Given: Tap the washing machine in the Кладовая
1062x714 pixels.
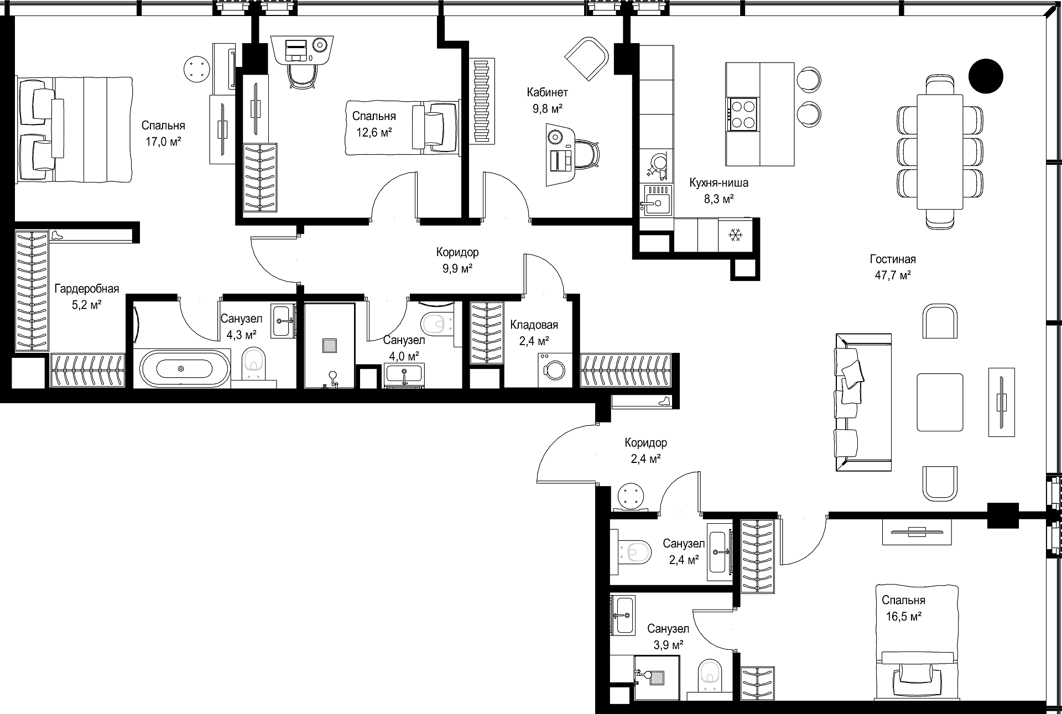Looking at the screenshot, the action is point(553,369).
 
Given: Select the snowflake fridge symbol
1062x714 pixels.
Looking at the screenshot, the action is point(735,236).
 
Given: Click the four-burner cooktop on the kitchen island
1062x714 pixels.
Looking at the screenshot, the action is point(742,114).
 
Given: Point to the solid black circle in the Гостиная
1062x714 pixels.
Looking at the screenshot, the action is point(986,76).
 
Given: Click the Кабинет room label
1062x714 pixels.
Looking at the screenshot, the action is point(547,92).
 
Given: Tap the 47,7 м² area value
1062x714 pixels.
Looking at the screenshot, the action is point(893,275).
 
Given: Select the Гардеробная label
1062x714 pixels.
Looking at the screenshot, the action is point(87,289).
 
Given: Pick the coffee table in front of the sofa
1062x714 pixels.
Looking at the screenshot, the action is point(940,402).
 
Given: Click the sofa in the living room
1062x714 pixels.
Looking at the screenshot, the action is point(862,402).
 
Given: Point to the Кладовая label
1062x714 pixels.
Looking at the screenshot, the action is point(534,325).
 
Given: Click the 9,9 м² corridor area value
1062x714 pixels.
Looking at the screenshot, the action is point(457,269).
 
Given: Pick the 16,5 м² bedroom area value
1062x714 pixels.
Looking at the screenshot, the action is point(903,617).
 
